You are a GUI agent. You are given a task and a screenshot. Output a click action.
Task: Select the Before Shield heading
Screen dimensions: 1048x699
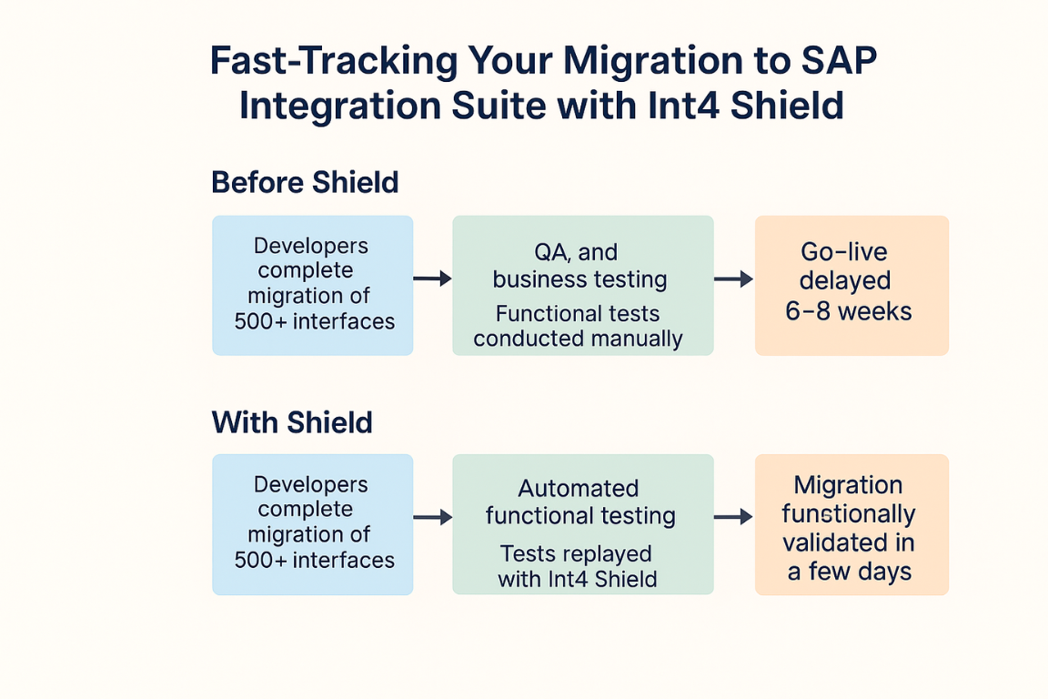[x=305, y=182]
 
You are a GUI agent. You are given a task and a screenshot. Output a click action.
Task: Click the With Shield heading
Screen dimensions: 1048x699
[x=292, y=422]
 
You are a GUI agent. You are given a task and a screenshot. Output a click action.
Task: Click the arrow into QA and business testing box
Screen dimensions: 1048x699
[x=432, y=279]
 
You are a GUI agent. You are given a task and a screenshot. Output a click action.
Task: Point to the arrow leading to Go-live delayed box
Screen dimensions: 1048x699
[x=734, y=279]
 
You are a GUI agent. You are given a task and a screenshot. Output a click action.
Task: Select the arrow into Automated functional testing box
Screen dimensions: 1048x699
[x=432, y=517]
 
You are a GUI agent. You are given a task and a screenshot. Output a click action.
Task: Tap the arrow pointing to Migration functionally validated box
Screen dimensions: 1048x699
[x=734, y=517]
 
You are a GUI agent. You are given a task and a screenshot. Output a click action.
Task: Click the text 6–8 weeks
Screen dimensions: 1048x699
[x=848, y=311]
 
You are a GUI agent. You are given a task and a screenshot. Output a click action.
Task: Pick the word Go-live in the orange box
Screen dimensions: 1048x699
[x=844, y=251]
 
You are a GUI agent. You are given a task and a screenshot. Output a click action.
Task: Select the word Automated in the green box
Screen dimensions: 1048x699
[x=579, y=488]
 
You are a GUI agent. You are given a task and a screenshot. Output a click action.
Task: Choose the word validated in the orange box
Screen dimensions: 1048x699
[x=825, y=542]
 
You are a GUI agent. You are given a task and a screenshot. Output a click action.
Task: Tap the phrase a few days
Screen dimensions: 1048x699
[x=850, y=572]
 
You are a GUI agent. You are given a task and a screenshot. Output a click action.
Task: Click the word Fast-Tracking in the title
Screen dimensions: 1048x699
[x=334, y=61]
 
